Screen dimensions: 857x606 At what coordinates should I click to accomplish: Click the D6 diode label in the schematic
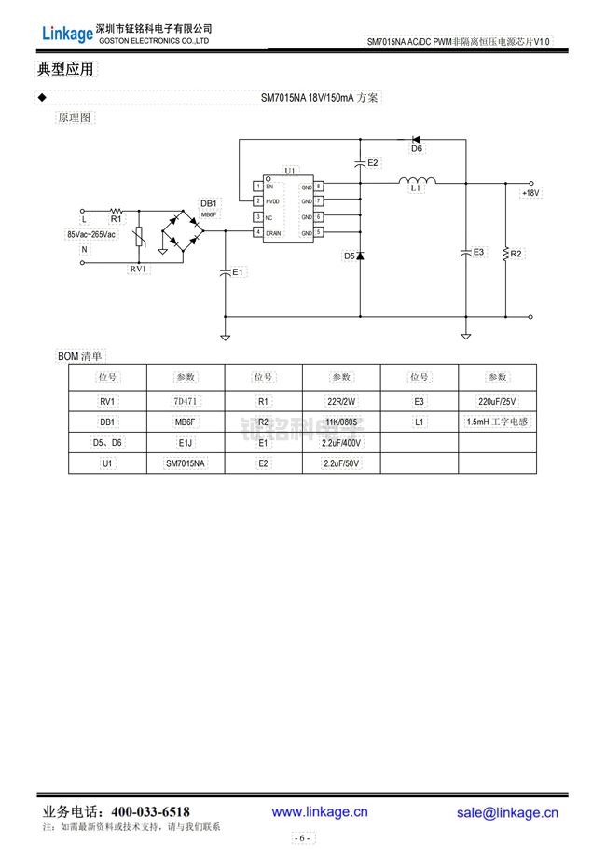coord(417,149)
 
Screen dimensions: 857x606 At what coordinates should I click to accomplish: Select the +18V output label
coord(530,193)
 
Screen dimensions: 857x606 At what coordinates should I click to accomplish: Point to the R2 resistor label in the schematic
coord(516,254)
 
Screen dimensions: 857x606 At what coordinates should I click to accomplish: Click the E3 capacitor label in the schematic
coord(479,252)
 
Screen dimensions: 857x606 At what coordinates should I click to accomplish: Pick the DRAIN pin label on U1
coord(274,232)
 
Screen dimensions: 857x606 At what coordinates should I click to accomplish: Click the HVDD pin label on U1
coord(272,201)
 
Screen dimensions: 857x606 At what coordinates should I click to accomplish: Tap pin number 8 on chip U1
coord(318,187)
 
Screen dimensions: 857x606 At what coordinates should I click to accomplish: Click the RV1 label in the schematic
coord(138,269)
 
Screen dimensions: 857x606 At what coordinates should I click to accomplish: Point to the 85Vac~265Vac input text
coord(91,235)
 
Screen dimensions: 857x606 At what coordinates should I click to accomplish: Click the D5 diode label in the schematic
coord(349,256)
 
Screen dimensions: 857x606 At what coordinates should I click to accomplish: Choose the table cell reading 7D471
coord(186,401)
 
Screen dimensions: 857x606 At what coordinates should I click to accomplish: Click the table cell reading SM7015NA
coord(186,463)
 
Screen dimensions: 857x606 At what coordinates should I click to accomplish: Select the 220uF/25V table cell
coord(496,401)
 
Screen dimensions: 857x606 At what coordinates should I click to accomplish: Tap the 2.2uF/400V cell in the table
coord(341,442)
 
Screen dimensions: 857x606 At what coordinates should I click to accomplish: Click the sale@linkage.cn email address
coord(507,812)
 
